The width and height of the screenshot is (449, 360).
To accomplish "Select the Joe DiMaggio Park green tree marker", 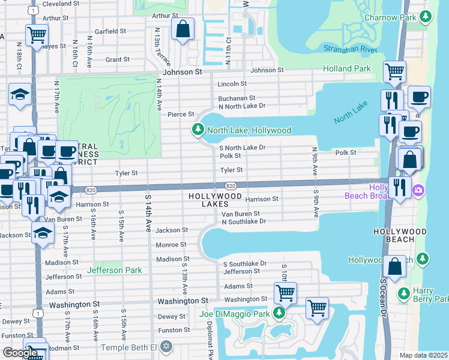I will click(x=279, y=313).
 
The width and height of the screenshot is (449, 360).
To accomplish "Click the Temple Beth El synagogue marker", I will click(x=166, y=347).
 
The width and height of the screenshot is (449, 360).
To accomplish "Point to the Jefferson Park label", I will click(x=114, y=271).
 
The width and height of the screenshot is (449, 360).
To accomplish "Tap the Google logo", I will click(x=20, y=352).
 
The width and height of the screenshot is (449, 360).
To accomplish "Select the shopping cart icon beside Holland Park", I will click(x=394, y=72).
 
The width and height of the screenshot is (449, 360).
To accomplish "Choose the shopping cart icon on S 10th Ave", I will click(x=285, y=293).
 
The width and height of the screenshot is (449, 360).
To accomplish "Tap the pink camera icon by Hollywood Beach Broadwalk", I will click(x=419, y=191).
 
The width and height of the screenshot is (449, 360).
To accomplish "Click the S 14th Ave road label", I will click(x=148, y=213).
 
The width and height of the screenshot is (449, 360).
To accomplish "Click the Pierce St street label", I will click(x=181, y=114).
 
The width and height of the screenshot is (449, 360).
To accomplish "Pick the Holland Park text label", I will click(x=346, y=69).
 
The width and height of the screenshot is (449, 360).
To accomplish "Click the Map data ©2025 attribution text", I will click(x=423, y=355).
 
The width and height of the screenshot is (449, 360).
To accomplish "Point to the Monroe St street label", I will click(x=171, y=245).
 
